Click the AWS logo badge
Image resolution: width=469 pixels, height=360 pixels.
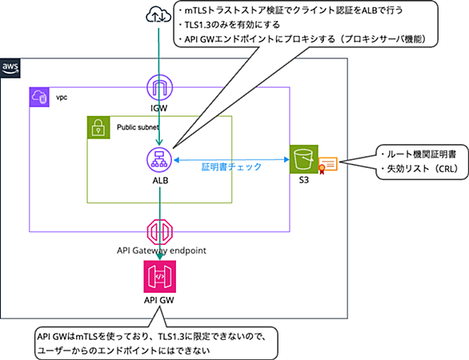(10, 68)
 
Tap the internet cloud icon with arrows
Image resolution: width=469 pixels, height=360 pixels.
(158, 15)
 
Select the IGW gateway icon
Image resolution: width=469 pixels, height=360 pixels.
(160, 88)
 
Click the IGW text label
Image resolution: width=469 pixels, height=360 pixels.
(158, 108)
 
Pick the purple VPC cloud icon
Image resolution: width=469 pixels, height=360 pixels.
(39, 97)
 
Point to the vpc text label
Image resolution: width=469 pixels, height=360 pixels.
(62, 98)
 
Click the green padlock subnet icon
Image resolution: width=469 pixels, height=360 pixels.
(98, 128)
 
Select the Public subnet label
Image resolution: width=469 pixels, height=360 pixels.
(138, 127)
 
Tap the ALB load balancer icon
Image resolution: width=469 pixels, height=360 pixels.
(159, 160)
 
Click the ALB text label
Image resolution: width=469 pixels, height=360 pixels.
(160, 181)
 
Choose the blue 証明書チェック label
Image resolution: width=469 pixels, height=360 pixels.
(231, 166)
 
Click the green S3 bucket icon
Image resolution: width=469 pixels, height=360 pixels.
(303, 159)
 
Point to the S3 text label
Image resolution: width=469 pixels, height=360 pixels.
(303, 180)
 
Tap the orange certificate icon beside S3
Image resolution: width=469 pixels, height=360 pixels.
(327, 166)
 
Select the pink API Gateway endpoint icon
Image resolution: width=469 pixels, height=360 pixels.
(160, 232)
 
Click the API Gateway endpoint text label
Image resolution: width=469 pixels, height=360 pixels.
(162, 250)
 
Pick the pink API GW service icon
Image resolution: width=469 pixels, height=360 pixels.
(160, 277)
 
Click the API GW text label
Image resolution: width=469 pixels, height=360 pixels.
(158, 300)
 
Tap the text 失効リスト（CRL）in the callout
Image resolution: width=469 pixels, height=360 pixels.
(423, 169)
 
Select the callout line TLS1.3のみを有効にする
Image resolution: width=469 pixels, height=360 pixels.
(232, 25)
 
